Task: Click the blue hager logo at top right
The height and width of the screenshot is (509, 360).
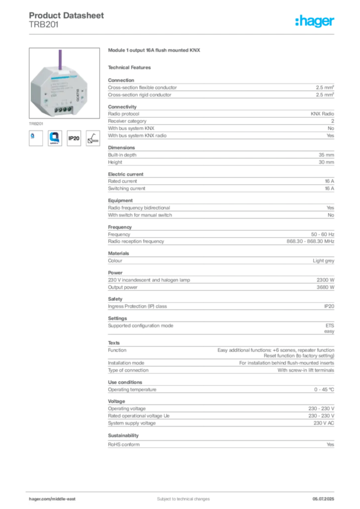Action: click(x=315, y=21)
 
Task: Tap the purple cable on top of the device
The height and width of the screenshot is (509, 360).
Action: click(x=60, y=57)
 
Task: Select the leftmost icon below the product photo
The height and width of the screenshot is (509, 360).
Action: click(x=33, y=137)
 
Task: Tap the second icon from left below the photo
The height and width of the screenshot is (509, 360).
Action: click(x=54, y=137)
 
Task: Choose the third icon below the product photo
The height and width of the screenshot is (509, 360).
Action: click(x=74, y=139)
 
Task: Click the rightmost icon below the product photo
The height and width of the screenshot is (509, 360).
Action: click(x=92, y=137)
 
